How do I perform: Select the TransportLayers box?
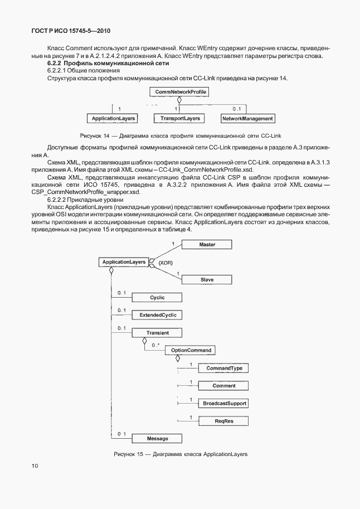[180, 118]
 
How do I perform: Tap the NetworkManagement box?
[247, 118]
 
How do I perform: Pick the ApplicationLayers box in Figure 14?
[113, 118]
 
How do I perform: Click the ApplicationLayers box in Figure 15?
[123, 261]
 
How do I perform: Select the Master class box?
[207, 244]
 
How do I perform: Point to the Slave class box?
[207, 279]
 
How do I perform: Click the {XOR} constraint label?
[166, 262]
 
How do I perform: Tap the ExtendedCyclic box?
[158, 315]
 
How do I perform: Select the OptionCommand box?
[192, 350]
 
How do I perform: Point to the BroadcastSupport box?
[223, 403]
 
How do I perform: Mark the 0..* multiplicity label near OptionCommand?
[155, 346]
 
